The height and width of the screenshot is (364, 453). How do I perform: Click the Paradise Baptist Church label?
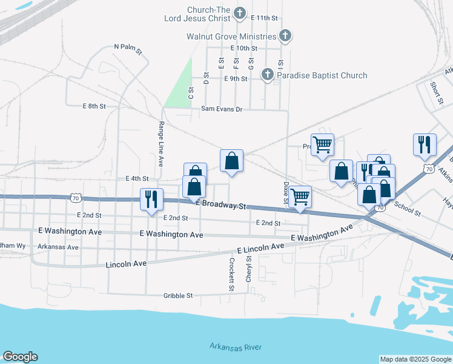point(322,75)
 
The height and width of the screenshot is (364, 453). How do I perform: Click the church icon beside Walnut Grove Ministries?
point(285,36)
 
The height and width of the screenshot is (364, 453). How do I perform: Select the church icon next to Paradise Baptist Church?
point(267,75)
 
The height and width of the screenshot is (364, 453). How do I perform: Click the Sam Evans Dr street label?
point(221,109)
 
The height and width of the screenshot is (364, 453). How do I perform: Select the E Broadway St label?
point(222,205)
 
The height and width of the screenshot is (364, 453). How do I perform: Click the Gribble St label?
point(177,295)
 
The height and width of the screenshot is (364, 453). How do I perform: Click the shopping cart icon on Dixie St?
point(300,197)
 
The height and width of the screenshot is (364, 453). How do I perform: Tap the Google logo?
point(20,357)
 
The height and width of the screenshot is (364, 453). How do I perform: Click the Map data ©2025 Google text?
point(415,359)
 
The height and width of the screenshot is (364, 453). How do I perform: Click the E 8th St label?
point(94,106)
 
